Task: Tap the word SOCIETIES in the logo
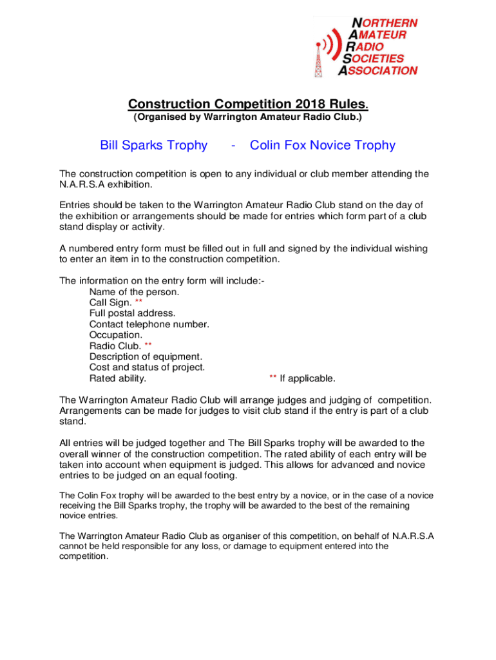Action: pyautogui.click(x=378, y=59)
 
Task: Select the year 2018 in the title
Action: pyautogui.click(x=311, y=104)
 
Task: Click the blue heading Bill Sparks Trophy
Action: pyautogui.click(x=154, y=146)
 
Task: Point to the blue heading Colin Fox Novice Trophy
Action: pyautogui.click(x=322, y=146)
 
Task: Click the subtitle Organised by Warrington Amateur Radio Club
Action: pyautogui.click(x=248, y=118)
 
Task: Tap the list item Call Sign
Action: pyautogui.click(x=111, y=302)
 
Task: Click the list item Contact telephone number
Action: pyautogui.click(x=149, y=324)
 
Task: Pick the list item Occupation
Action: pyautogui.click(x=116, y=335)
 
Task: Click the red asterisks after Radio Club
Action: pyautogui.click(x=148, y=345)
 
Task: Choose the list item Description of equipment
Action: pyautogui.click(x=146, y=356)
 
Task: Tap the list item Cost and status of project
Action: pyautogui.click(x=147, y=367)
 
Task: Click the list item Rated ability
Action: pyautogui.click(x=117, y=378)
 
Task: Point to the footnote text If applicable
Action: pyautogui.click(x=307, y=378)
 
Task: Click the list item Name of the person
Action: pyautogui.click(x=135, y=292)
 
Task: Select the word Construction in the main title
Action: pyautogui.click(x=169, y=104)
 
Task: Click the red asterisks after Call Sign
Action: pyautogui.click(x=139, y=302)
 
